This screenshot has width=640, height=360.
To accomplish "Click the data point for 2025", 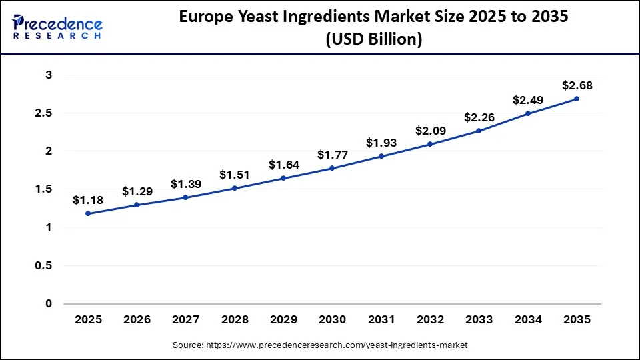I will coord(88,213).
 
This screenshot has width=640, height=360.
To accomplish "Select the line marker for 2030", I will coord(332,169).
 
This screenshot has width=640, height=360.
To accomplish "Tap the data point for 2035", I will coord(577,99).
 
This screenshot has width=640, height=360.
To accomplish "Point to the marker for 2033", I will coord(479,131).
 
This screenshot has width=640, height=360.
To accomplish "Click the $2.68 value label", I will coord(577,85).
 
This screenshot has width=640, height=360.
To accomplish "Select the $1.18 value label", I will coord(88,200).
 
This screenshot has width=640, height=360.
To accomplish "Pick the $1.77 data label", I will coord(332,155).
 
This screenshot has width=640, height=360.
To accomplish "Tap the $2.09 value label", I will coord(430,131).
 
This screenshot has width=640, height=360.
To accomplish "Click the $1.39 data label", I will coord(185,184).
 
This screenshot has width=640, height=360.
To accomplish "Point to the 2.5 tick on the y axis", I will coord(43,113).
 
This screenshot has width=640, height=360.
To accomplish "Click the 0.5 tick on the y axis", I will coord(43,266).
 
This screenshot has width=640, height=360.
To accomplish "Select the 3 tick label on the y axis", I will coord(48,75).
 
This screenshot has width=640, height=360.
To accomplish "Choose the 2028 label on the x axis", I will coord(235,320).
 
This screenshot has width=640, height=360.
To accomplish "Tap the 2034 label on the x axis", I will coord(528,320).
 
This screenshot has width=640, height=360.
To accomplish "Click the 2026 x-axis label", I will coord(137,320).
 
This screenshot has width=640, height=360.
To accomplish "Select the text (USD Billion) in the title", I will coord(373,40).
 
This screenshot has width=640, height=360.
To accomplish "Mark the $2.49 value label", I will coord(528,100).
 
